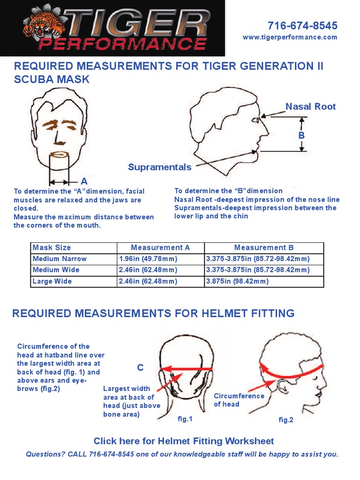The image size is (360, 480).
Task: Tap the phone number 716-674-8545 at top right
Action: click(x=302, y=25)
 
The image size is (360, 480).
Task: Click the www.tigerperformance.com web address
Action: click(x=290, y=37)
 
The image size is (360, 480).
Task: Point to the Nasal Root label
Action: click(x=310, y=106)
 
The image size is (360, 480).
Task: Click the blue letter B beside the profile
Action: click(x=302, y=135)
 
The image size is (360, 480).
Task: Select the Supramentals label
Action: click(x=159, y=167)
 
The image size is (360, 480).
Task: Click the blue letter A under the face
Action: click(x=84, y=181)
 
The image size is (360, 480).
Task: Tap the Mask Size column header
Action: click(x=52, y=247)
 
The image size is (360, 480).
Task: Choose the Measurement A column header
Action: click(x=160, y=247)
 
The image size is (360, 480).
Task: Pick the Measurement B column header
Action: click(x=264, y=247)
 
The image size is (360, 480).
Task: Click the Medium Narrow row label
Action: click(x=60, y=259)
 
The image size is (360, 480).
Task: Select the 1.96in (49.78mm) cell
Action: click(x=148, y=259)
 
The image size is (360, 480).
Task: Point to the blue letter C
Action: click(x=140, y=368)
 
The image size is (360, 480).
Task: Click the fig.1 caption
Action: click(x=185, y=419)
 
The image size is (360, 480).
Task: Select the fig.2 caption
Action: click(x=285, y=420)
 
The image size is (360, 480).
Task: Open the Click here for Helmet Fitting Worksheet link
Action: click(x=184, y=441)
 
